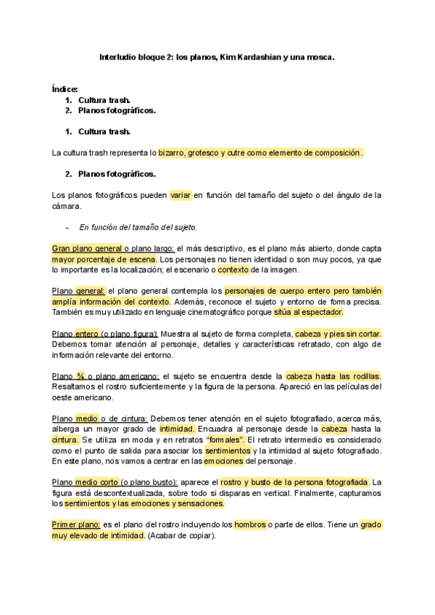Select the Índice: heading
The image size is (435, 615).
pos(65,88)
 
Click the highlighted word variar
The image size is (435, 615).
pos(180,195)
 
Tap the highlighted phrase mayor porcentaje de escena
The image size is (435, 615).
pos(104,259)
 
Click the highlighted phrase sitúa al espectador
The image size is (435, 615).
pos(308,312)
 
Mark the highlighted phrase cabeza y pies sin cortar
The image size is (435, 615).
pos(338,334)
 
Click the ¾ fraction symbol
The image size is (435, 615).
pos(77,376)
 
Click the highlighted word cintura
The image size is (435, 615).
pos(65,440)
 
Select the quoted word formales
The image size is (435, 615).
pos(225,440)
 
